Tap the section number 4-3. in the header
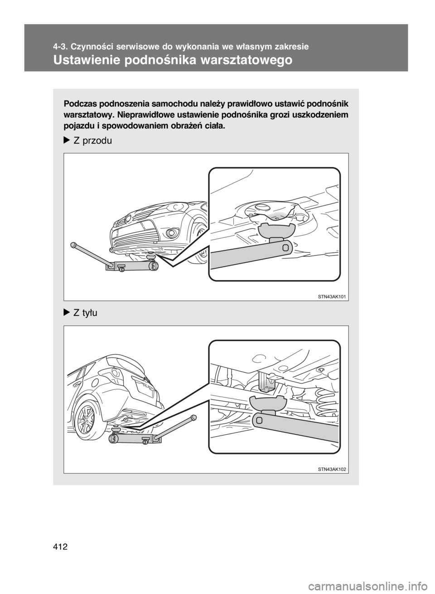point(60,46)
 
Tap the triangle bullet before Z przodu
point(67,141)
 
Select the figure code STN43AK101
point(333,296)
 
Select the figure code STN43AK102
point(333,469)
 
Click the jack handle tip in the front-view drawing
point(73,245)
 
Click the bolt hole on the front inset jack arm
point(285,248)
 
